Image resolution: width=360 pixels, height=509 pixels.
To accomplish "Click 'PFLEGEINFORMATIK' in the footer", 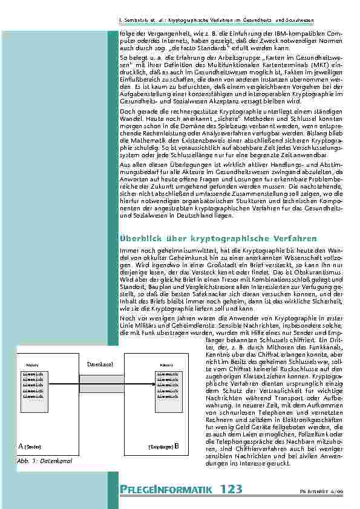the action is (163, 490).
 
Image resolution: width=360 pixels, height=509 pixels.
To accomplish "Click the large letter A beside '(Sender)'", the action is (22, 447).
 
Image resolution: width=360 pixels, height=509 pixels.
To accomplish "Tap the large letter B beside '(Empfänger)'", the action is (176, 447).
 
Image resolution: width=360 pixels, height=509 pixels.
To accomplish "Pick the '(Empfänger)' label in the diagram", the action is (161, 447).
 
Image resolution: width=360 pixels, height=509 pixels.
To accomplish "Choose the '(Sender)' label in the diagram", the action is (33, 447).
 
